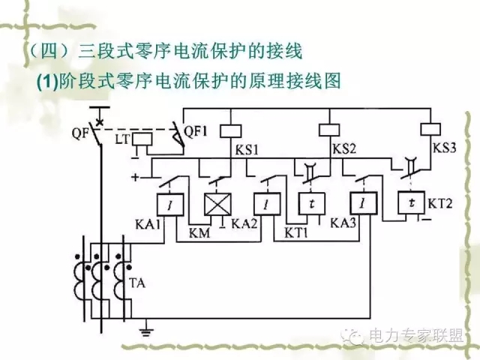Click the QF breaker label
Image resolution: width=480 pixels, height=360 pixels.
pos(81,136)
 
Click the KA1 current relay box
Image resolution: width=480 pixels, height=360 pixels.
pos(166,202)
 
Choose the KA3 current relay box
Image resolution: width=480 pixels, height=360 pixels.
pos(363,202)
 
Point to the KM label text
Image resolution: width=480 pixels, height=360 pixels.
pos(200,233)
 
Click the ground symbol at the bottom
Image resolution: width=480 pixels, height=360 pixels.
pos(147,328)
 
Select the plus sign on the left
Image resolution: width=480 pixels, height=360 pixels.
pos(135,178)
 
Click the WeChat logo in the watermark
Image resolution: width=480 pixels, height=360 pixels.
pos(350,337)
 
